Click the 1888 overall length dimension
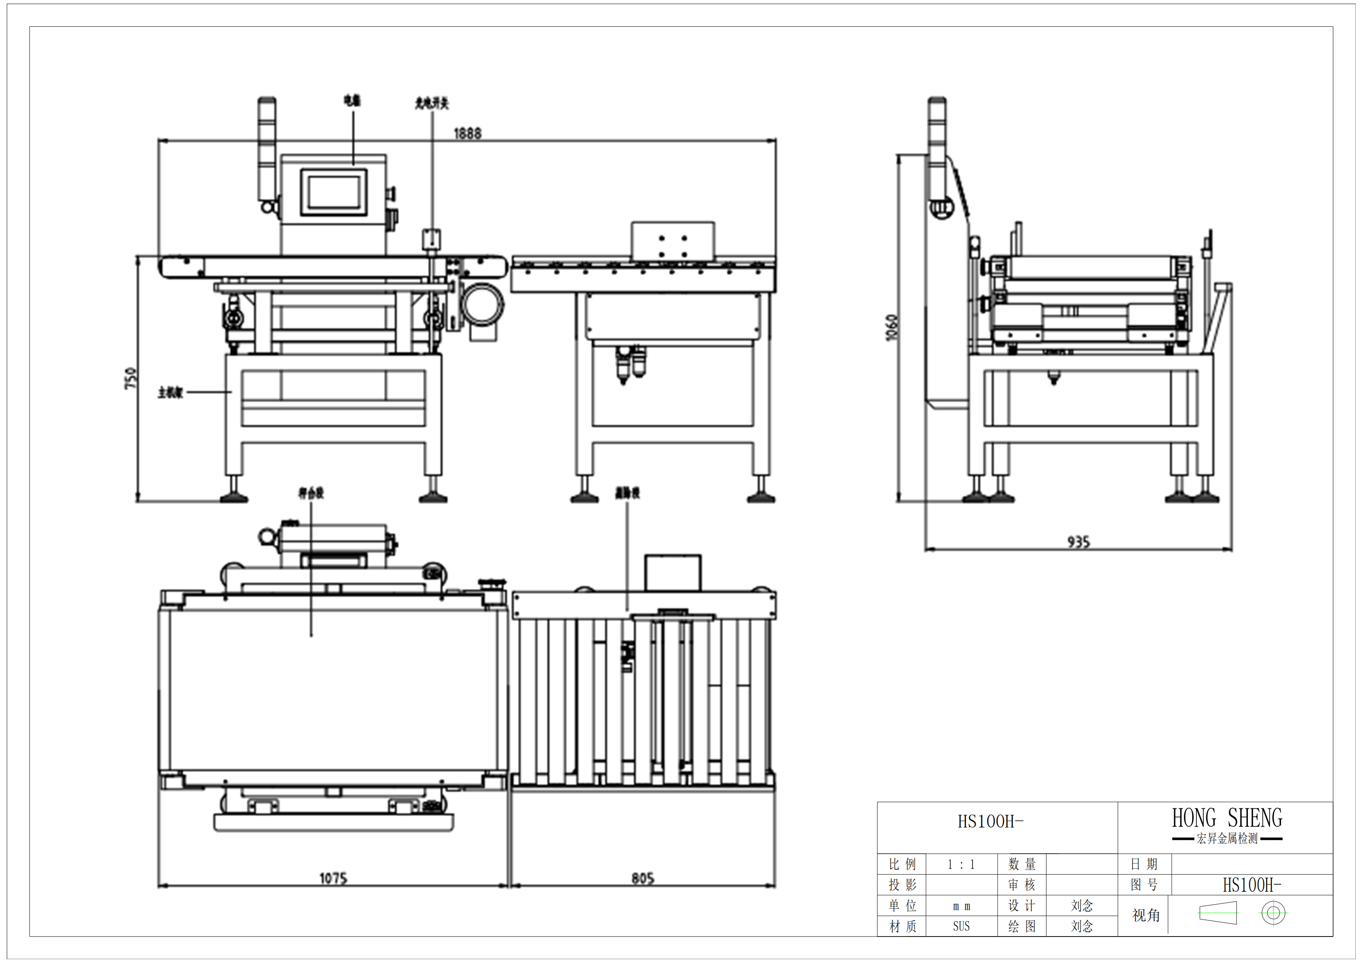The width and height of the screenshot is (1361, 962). coord(467,133)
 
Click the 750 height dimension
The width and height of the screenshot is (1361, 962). coord(131,378)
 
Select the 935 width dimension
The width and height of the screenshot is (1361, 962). coord(1078,541)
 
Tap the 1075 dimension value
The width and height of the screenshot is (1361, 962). coord(333,878)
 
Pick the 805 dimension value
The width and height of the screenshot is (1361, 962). coord(643,878)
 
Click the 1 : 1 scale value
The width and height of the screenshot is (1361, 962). coord(961,864)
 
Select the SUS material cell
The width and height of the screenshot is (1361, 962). coord(961,926)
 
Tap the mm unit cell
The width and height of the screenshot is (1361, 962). coord(961,906)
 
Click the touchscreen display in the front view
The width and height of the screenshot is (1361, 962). coord(334,192)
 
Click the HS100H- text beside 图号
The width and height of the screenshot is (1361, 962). coord(1251,885)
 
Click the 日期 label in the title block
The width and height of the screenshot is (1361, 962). coord(1144,864)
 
